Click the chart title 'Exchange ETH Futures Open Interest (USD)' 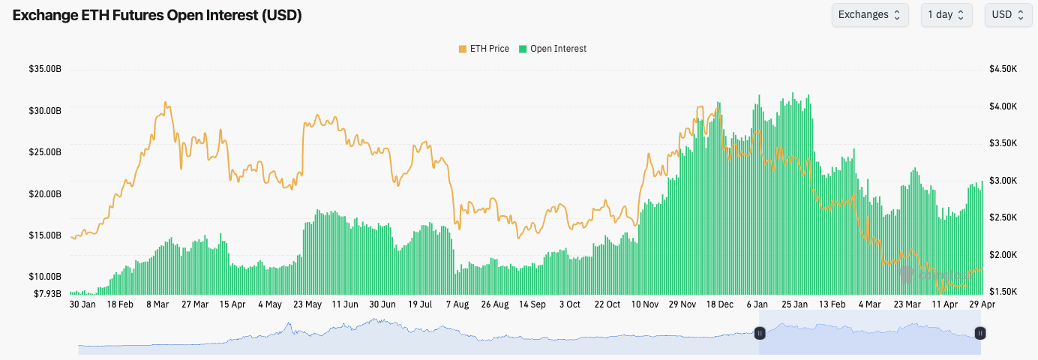point(157,15)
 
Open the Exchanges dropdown point(869,15)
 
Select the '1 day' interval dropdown point(946,15)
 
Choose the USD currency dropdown point(1007,15)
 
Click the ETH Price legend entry point(484,49)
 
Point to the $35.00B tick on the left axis point(44,69)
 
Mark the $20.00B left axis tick point(44,194)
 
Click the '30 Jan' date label point(82,304)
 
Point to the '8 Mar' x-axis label point(157,304)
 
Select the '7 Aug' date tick point(457,304)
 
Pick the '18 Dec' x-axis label point(720,304)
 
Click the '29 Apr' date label point(982,304)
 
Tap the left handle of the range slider point(760,333)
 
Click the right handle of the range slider point(979,333)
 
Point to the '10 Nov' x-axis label point(645,304)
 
